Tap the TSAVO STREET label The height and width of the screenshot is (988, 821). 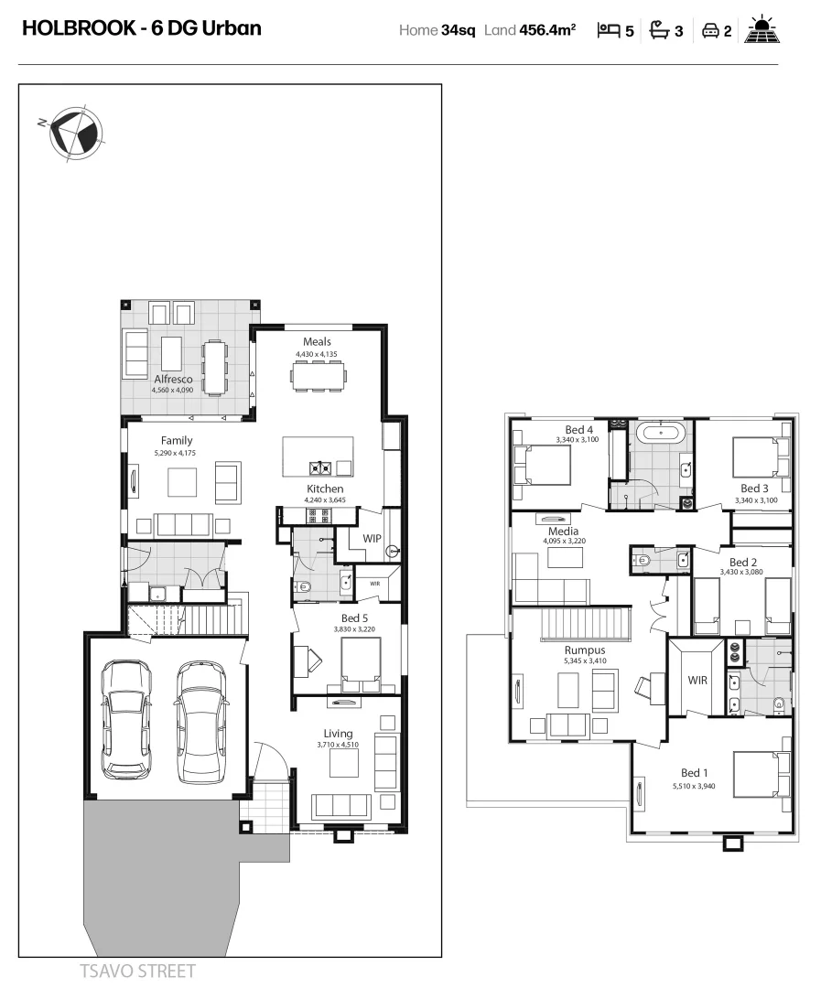coord(137,971)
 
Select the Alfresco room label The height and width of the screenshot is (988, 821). coord(173,379)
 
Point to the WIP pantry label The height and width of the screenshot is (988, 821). coord(372,539)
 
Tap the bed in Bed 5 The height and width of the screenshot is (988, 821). coord(361,662)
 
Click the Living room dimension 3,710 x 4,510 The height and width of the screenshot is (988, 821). coord(338,745)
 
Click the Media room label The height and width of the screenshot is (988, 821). coord(563,531)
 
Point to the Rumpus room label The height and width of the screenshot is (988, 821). coord(584,650)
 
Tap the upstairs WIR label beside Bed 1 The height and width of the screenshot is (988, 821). coord(698,681)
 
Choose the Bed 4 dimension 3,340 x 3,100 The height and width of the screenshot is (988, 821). coord(576,440)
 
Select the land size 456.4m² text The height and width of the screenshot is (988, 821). coord(547,30)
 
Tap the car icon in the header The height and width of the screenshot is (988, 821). coord(709,30)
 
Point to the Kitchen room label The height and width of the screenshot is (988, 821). coord(325,489)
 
